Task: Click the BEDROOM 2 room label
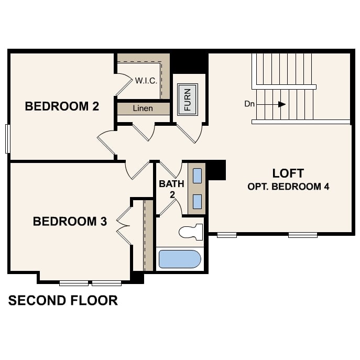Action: click(x=62, y=107)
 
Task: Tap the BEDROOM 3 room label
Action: click(x=70, y=222)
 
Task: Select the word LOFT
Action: click(x=288, y=173)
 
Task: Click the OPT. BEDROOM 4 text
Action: click(x=288, y=187)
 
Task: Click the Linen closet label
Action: click(x=143, y=108)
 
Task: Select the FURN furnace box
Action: click(x=188, y=99)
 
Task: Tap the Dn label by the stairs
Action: click(x=249, y=104)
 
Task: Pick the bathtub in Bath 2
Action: click(x=180, y=259)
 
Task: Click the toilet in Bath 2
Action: click(x=190, y=232)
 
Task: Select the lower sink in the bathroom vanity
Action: click(x=197, y=201)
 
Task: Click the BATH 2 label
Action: click(x=171, y=189)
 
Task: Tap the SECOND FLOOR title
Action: click(x=63, y=300)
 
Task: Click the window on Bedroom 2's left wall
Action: click(x=7, y=138)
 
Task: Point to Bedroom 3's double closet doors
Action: click(x=124, y=225)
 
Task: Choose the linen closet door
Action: click(x=143, y=132)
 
